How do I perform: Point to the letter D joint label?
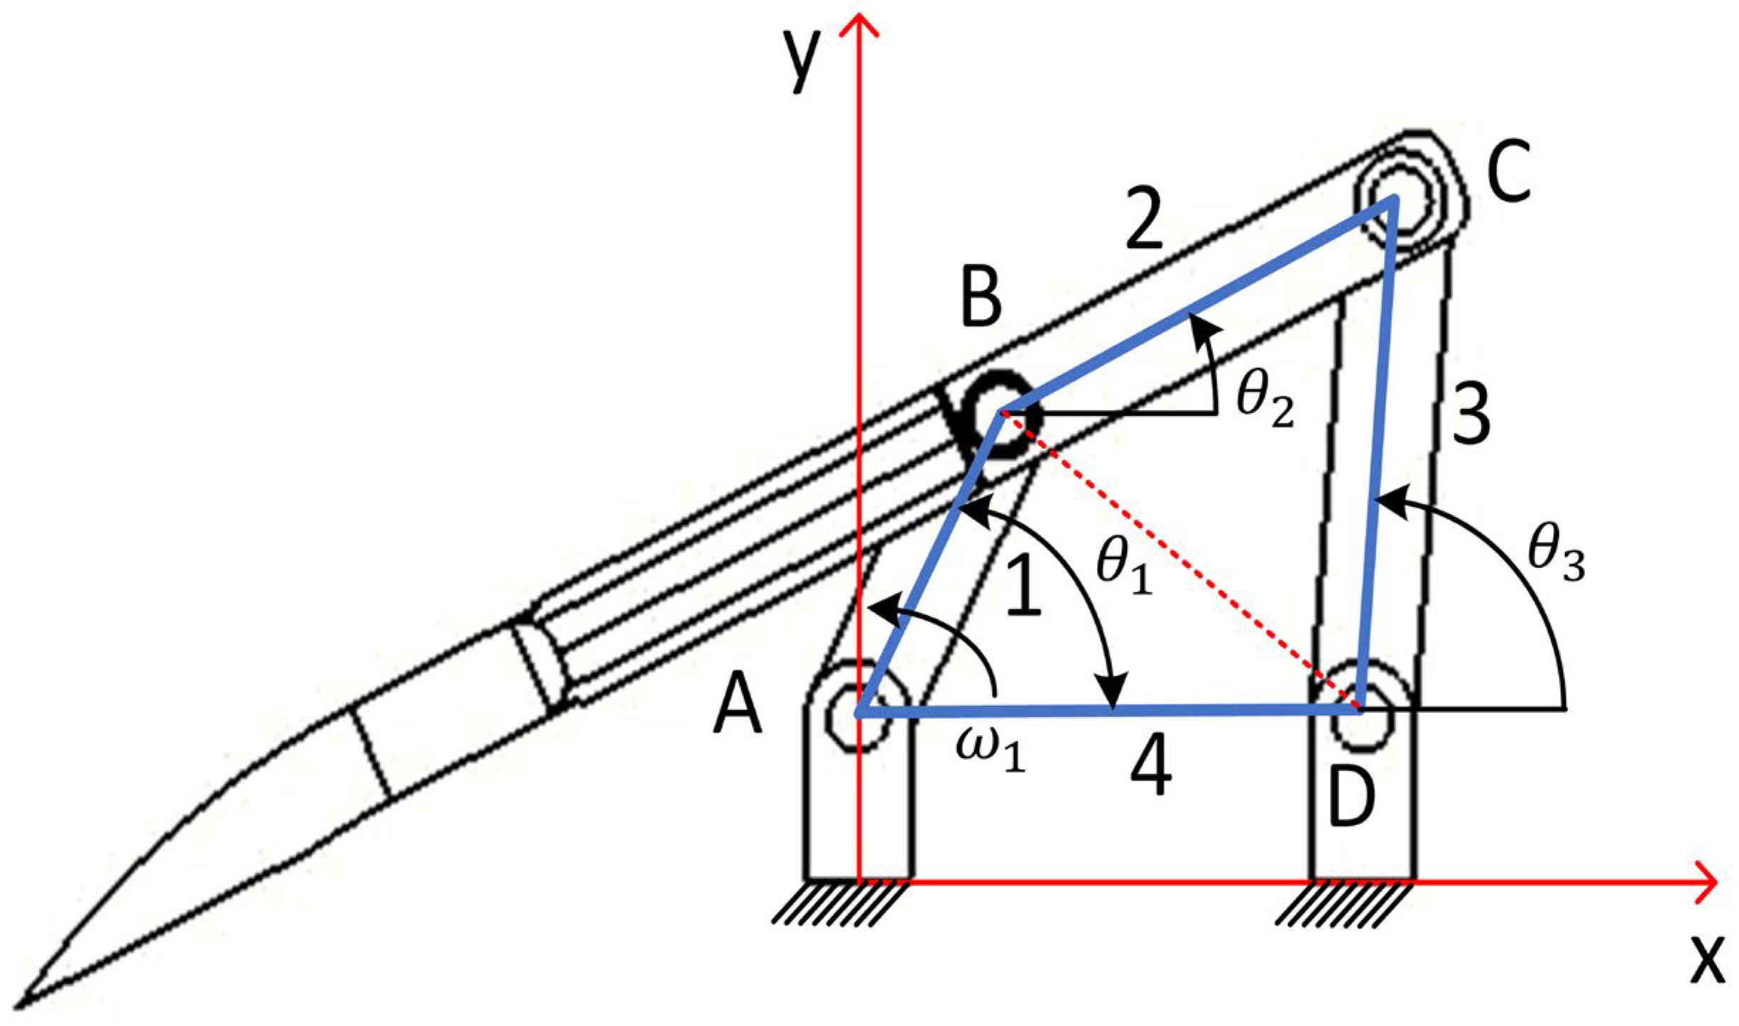click(1351, 802)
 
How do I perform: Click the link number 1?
click(1023, 582)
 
